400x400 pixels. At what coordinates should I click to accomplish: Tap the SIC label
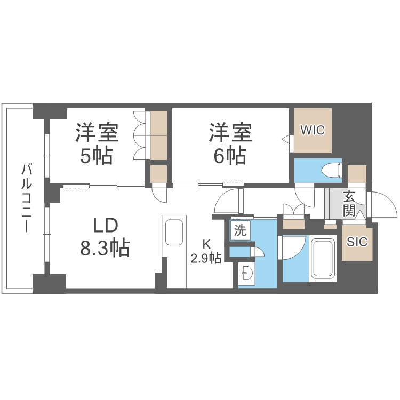pos(357,242)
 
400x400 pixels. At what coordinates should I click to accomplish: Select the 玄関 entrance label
pos(349,203)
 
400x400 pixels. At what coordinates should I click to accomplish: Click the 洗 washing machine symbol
pos(239,231)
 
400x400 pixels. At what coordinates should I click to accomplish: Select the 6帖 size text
pos(230,155)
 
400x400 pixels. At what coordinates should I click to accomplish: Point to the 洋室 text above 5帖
pos(96,132)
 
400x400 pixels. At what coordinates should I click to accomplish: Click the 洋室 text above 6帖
pos(230,132)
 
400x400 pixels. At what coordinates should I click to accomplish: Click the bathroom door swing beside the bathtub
pos(293,247)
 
